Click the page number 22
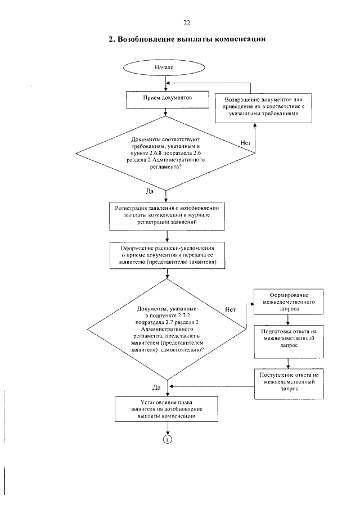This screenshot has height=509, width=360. coord(187,22)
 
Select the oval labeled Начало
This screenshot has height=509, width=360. coord(164,67)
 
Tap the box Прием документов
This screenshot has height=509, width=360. coord(168,100)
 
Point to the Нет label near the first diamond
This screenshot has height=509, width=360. coord(246,143)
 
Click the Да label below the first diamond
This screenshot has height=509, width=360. coord(150,192)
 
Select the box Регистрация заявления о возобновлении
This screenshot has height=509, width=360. coord(167,217)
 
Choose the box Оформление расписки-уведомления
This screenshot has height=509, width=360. coord(168,255)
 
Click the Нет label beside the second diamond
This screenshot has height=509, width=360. coord(230,310)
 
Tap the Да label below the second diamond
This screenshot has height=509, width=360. coord(156,388)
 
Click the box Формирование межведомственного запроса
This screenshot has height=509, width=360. coord(289,301)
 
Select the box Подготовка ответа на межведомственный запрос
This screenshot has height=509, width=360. coord(289,341)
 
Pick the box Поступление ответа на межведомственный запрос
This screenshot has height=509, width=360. coord(289,384)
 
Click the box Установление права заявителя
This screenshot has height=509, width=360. coord(166,409)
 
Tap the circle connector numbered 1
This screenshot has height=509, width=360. coord(167,439)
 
